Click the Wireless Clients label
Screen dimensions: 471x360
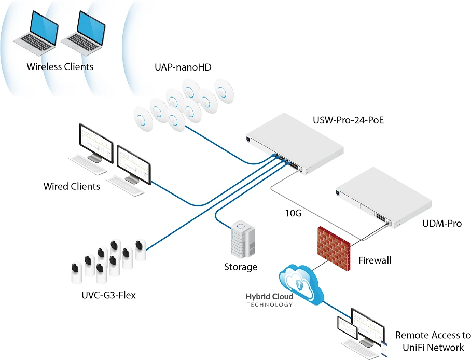(x=60, y=66)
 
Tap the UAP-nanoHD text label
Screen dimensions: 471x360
(x=183, y=67)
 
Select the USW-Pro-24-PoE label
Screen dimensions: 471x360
(x=349, y=120)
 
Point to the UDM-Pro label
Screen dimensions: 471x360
(x=442, y=224)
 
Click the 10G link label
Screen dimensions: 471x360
(x=293, y=213)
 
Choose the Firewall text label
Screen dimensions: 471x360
(x=375, y=260)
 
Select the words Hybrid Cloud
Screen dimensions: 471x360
(x=269, y=297)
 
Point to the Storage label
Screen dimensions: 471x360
(x=241, y=267)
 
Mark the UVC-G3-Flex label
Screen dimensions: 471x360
(x=108, y=295)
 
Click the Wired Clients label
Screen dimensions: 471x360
(x=72, y=186)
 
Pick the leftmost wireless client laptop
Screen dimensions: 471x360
(x=36, y=33)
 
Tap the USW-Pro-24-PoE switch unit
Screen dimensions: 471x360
(x=295, y=144)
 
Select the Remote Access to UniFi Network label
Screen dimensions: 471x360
(x=433, y=341)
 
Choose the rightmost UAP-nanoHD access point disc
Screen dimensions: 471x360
(x=224, y=91)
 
